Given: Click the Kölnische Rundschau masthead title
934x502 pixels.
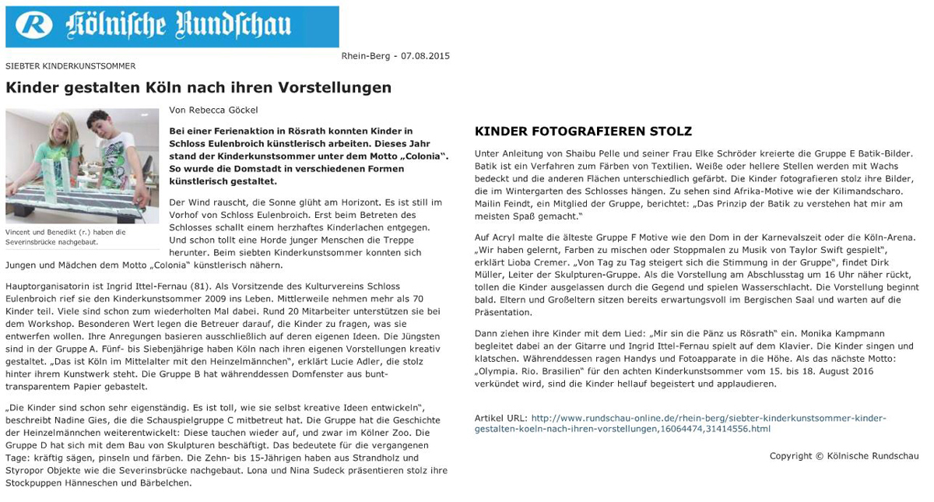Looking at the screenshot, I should click(x=178, y=26).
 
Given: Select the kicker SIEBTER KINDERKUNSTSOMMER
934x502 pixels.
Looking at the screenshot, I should click(x=71, y=67).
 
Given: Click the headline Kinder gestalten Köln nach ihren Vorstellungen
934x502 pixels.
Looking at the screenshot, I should click(x=198, y=87).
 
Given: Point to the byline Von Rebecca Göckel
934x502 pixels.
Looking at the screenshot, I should click(x=213, y=111).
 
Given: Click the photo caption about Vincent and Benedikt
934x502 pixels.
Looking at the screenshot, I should click(x=65, y=237).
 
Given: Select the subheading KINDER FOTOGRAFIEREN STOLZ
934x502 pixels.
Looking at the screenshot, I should click(x=583, y=132).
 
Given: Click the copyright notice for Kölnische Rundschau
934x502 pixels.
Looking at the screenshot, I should click(x=844, y=456).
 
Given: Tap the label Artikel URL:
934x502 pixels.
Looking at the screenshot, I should click(x=500, y=418).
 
